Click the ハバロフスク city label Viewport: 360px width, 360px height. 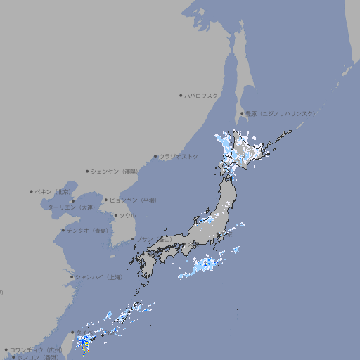(202, 95)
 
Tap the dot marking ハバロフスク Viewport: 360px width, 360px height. (181, 95)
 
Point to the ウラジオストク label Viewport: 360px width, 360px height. (179, 156)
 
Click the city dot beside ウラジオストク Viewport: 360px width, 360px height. (155, 156)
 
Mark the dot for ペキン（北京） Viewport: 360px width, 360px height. (32, 191)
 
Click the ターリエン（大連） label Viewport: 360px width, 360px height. (70, 208)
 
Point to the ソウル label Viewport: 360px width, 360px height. (127, 215)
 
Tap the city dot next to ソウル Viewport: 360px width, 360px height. (115, 215)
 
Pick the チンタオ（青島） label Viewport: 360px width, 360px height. (88, 230)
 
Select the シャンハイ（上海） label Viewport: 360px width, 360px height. (99, 277)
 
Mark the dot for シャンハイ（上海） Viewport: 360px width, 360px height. (72, 277)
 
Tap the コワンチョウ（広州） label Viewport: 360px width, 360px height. (36, 349)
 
